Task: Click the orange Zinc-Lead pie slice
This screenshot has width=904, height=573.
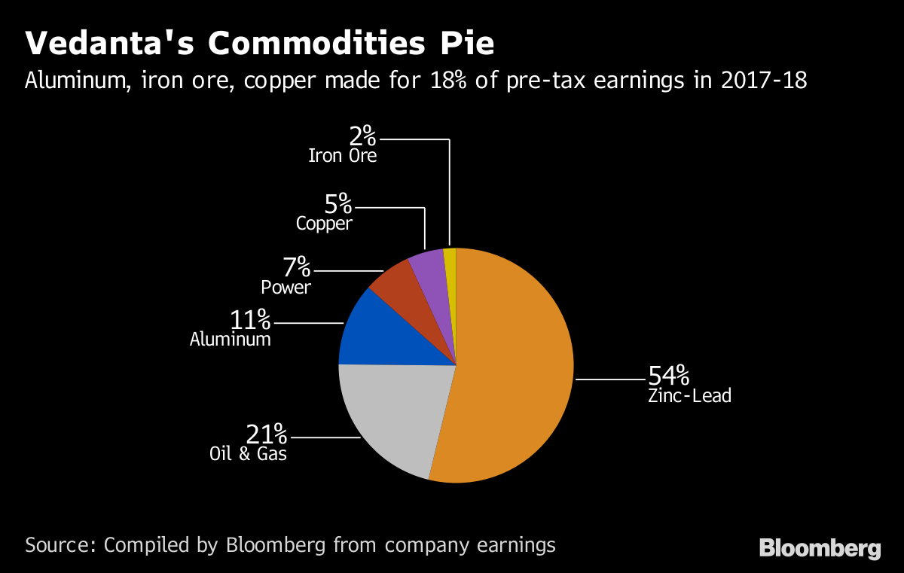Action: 512,369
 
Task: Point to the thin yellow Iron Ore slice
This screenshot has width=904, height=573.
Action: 450,260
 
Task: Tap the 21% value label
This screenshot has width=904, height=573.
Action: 267,434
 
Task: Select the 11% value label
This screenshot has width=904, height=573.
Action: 250,320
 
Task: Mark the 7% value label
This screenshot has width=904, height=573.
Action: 297,267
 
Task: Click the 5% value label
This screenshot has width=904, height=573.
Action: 338,203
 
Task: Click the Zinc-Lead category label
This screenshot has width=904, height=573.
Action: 689,395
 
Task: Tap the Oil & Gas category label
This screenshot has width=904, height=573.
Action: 248,454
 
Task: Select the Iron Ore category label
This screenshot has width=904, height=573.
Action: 342,157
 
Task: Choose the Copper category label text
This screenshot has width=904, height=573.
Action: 324,224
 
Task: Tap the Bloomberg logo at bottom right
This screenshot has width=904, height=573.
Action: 820,548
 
